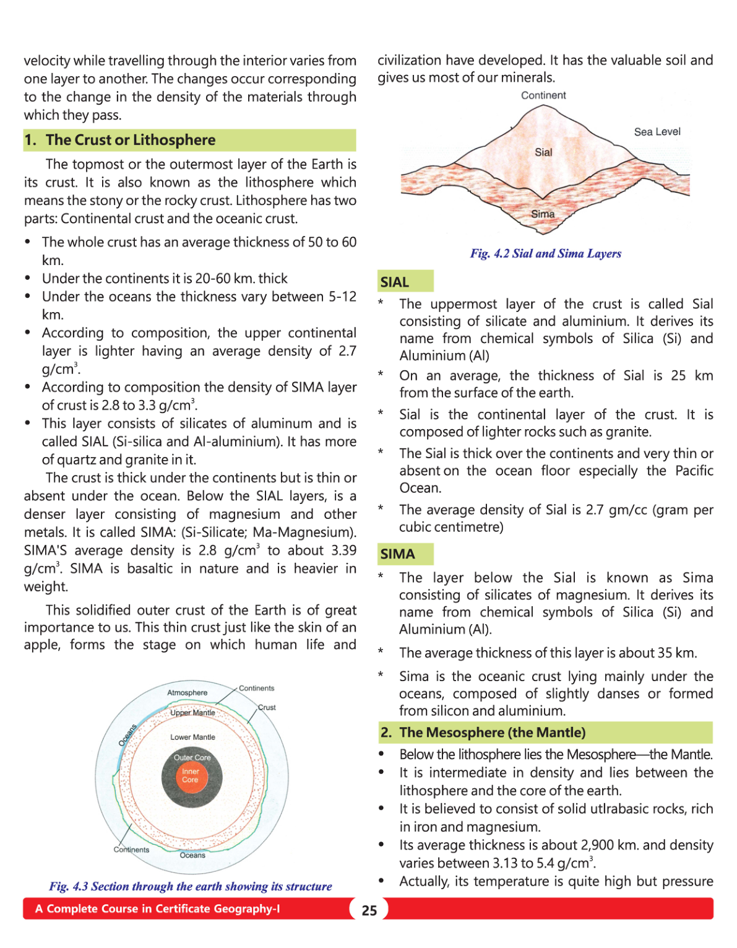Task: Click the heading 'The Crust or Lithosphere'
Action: (x=131, y=140)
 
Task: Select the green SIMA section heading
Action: (x=405, y=554)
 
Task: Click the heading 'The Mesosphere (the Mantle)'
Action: (x=492, y=732)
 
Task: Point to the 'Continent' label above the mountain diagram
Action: (x=543, y=95)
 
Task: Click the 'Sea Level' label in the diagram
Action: (x=657, y=132)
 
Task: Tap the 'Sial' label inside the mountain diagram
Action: (x=543, y=152)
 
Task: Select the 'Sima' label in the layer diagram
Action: (x=543, y=214)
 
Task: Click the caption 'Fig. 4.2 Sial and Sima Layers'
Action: (x=545, y=253)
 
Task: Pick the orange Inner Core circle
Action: (x=190, y=776)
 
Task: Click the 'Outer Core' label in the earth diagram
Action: (x=192, y=758)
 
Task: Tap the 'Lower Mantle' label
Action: (x=192, y=737)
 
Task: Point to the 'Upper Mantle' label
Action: (x=192, y=713)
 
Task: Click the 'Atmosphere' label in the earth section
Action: (x=187, y=692)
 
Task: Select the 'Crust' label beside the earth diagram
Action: (x=267, y=707)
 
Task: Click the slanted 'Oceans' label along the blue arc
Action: (x=127, y=734)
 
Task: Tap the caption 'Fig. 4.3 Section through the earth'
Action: (x=190, y=886)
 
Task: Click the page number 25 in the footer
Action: (x=369, y=910)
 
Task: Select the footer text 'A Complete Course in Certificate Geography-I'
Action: (x=157, y=909)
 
